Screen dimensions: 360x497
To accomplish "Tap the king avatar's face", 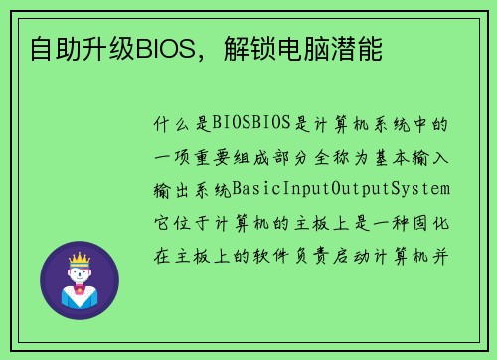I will pos(79,275).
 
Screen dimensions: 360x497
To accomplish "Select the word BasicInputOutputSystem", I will pos(341,188).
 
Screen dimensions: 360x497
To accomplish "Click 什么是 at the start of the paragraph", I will pos(183,124).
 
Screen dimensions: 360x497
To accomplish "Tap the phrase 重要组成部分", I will pos(255,156).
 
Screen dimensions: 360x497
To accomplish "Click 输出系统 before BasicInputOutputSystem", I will pos(193,188).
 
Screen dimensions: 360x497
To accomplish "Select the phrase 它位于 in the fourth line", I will pos(183,220).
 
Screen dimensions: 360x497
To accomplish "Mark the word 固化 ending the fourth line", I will pos(435,220).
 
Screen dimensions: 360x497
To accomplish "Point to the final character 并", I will pos(445,252).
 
